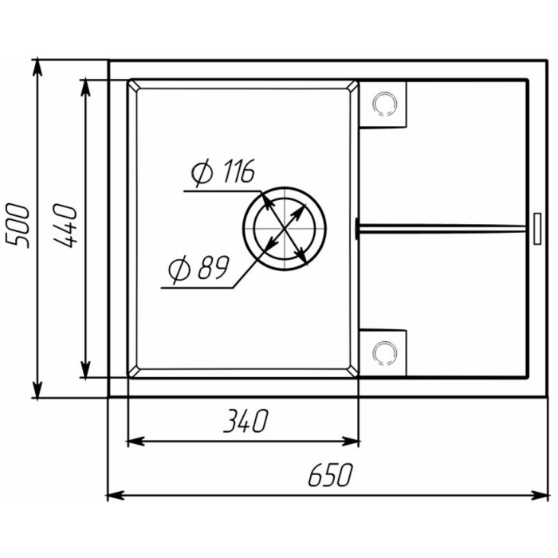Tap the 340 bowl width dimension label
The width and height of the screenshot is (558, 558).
pyautogui.click(x=242, y=421)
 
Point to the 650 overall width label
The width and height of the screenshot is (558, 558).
pyautogui.click(x=328, y=476)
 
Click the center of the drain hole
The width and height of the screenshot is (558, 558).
pyautogui.click(x=285, y=229)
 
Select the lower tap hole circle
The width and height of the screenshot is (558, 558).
pyautogui.click(x=384, y=351)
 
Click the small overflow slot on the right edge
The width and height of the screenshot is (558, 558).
pyautogui.click(x=535, y=227)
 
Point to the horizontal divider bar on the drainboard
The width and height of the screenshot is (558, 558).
pyautogui.click(x=442, y=228)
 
